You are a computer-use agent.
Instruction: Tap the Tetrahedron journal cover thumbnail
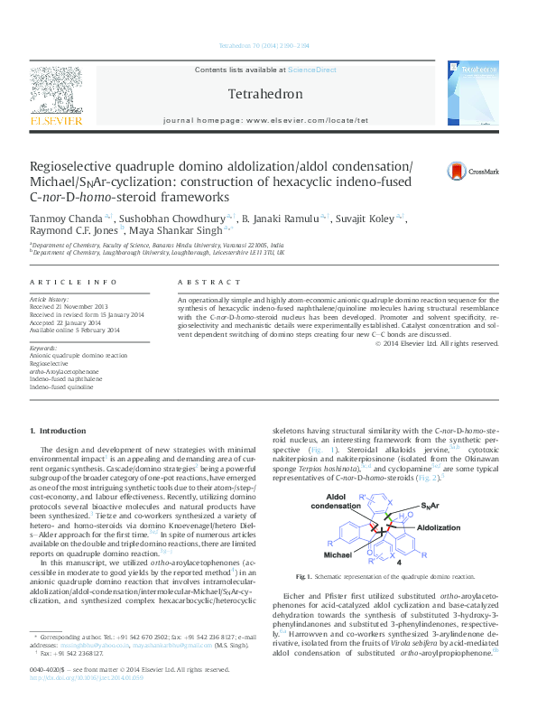point(479,95)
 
